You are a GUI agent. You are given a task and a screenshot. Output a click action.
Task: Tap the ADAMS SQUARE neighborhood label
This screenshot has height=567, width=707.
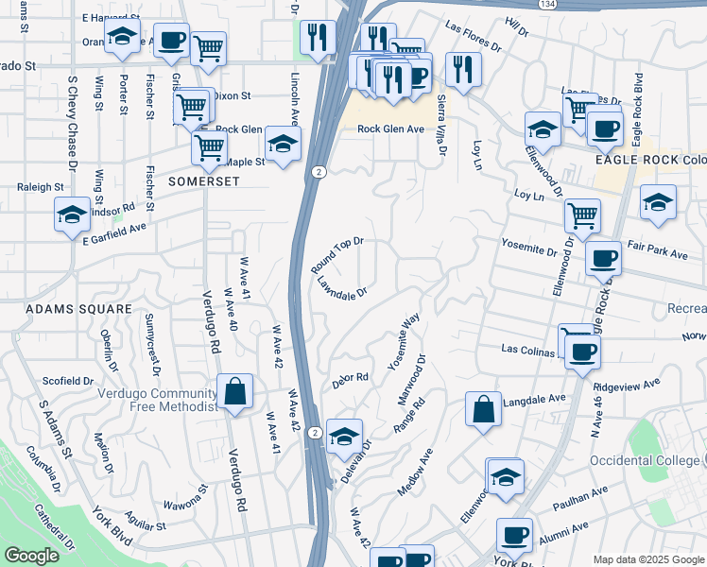pos(65,309)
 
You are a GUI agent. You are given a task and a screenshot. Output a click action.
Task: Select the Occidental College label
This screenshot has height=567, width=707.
pos(647,460)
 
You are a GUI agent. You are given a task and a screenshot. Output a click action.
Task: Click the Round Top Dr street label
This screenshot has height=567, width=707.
pos(337,256)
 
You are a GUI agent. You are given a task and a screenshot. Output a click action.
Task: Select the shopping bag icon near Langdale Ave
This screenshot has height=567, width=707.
pos(483,410)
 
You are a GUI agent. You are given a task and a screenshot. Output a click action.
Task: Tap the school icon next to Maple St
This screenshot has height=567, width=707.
pos(281,144)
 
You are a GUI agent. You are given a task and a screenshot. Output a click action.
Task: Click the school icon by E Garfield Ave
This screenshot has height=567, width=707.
pos(72,215)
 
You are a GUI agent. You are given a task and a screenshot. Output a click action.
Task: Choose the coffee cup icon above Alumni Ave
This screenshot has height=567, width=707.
pos(515,536)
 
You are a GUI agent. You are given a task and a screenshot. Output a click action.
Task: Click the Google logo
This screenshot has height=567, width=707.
pos(32,557)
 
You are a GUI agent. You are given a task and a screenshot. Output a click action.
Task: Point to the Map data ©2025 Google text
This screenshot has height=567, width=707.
pos(647,559)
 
